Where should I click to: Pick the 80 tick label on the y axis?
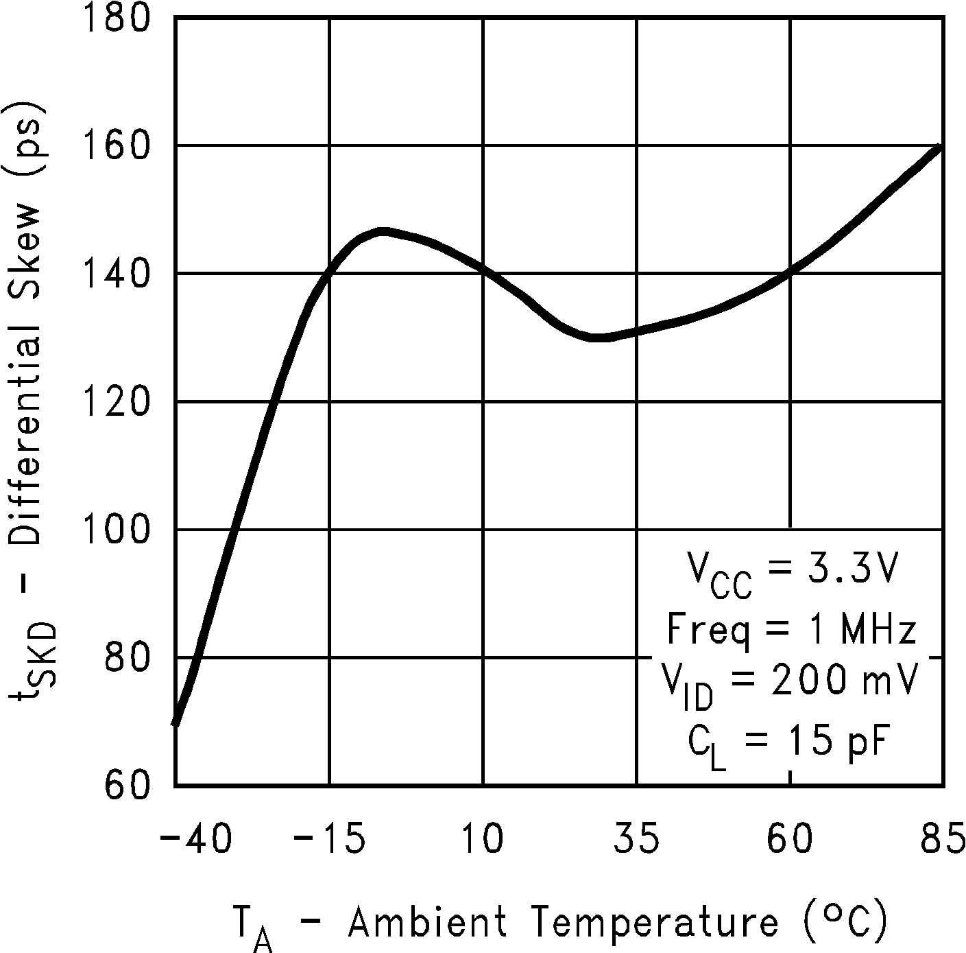[128, 657]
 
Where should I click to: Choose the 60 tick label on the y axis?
[128, 785]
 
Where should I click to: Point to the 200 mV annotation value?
[843, 679]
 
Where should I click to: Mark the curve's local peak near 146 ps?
[383, 232]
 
